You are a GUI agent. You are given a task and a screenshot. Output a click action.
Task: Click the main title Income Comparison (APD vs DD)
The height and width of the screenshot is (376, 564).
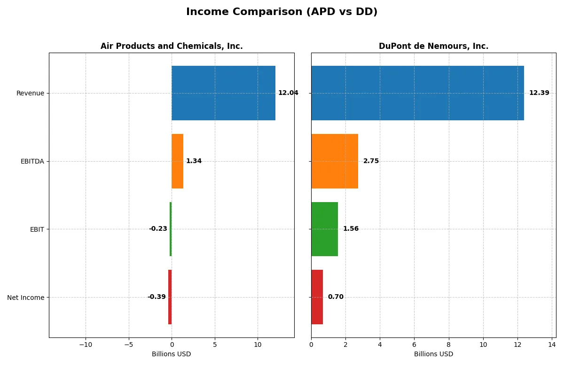(x=282, y=12)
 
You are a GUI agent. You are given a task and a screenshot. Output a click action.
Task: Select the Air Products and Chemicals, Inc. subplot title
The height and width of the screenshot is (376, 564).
(x=172, y=46)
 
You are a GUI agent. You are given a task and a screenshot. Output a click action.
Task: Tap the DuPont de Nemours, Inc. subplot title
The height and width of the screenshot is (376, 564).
(x=433, y=46)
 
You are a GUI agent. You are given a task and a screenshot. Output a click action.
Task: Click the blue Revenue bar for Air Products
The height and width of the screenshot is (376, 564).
(x=223, y=93)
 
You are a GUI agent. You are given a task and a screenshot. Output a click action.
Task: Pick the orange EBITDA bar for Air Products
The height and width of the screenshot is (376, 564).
(x=177, y=161)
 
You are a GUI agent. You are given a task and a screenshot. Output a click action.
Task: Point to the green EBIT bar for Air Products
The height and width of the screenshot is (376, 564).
(x=171, y=229)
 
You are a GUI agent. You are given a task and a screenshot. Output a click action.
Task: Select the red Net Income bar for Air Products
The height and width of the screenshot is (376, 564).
(x=170, y=297)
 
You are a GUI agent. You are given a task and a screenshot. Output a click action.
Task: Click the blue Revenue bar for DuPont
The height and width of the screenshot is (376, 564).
(x=417, y=93)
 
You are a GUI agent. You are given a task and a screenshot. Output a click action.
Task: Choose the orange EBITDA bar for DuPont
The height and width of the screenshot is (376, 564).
(x=335, y=161)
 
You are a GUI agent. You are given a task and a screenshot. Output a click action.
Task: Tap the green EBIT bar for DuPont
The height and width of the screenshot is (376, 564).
(x=324, y=229)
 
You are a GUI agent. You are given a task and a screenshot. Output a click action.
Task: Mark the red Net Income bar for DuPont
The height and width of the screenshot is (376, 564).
(x=317, y=297)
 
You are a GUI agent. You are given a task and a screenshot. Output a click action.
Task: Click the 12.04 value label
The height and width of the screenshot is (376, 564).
(x=288, y=93)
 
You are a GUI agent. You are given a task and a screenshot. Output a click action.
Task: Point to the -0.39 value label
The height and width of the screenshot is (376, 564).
(x=157, y=297)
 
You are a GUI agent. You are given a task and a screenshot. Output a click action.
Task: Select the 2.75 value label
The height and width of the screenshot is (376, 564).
(x=371, y=161)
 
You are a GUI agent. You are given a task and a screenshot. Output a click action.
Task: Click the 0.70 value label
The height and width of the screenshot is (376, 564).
(x=336, y=297)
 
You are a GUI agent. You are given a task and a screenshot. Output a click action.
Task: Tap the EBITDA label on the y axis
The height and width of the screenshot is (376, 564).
(x=32, y=161)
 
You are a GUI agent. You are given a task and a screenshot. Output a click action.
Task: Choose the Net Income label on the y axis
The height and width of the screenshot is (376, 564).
(x=26, y=298)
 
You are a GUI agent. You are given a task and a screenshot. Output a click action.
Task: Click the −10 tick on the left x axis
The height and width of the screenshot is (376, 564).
(x=85, y=345)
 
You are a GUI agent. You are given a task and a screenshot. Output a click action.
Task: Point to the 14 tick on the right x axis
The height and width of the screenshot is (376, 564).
(x=552, y=345)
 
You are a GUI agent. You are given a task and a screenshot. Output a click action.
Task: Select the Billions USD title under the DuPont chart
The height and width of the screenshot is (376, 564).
(x=433, y=354)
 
